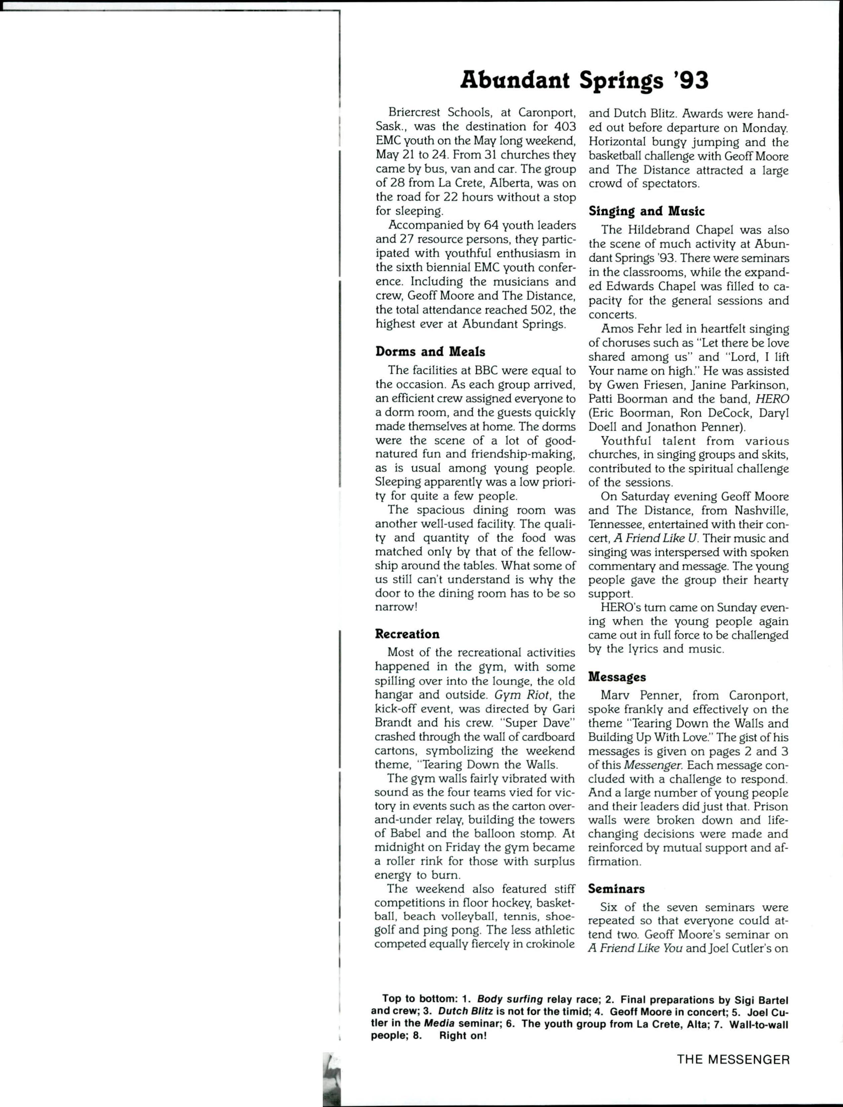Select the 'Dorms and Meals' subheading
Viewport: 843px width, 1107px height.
(x=430, y=352)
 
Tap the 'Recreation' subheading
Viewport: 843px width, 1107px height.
(x=407, y=634)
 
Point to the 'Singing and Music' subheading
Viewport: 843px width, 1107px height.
(x=646, y=211)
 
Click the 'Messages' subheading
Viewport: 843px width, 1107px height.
(x=617, y=677)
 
